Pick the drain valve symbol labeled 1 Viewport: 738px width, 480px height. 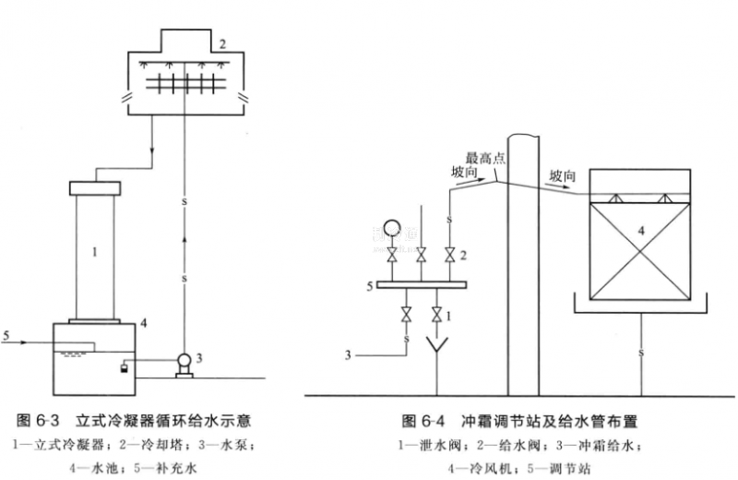click(x=435, y=317)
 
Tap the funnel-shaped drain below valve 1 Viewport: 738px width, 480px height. click(x=434, y=349)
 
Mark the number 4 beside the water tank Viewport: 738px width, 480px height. click(x=144, y=323)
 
